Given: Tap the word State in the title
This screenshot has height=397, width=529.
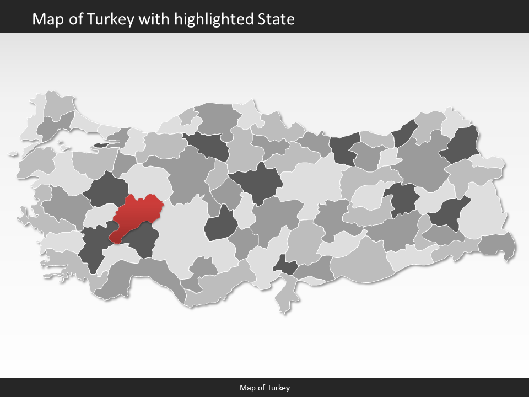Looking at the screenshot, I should tap(276, 19).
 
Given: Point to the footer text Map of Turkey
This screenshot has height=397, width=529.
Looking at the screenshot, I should tap(264, 388).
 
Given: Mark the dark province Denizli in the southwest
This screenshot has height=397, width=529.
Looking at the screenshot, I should tap(91, 248).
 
